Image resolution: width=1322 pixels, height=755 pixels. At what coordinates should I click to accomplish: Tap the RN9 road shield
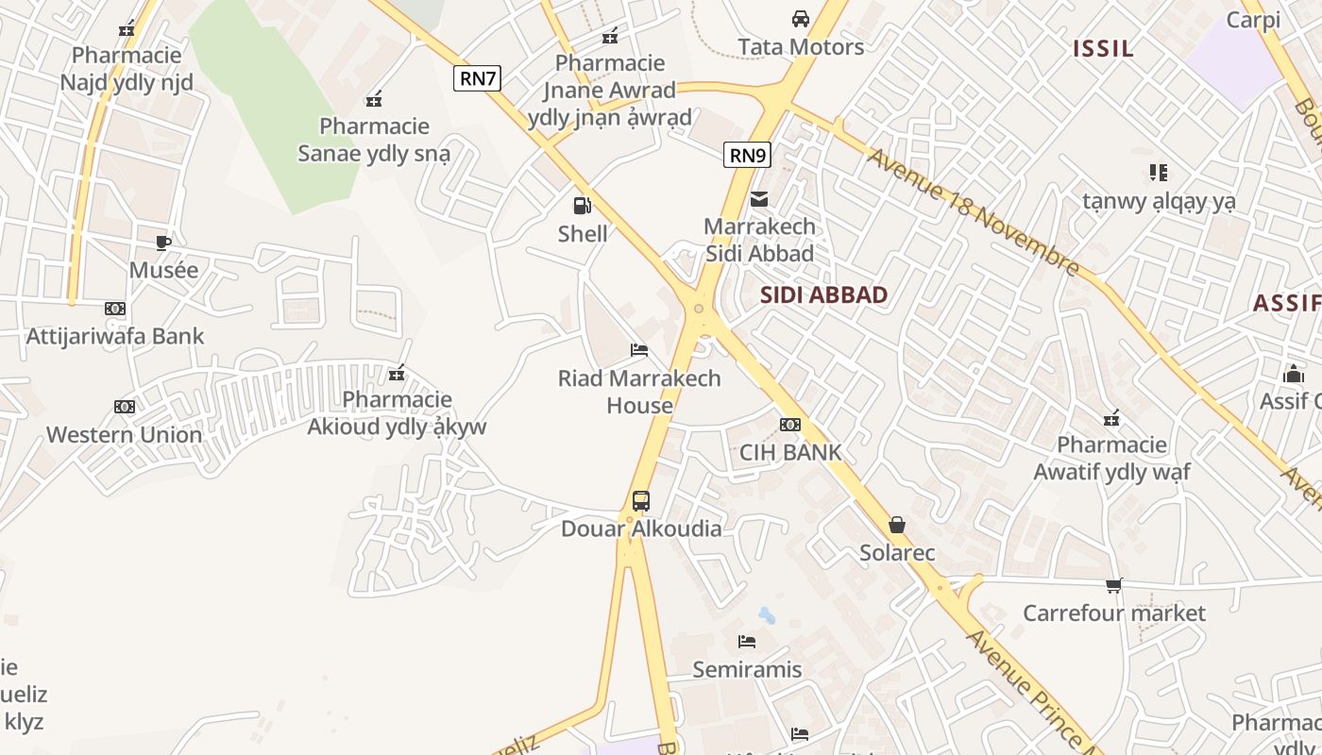click(746, 154)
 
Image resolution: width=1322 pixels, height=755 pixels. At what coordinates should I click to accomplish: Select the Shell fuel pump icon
click(583, 205)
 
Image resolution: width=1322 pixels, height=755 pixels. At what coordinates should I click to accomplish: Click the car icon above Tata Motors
click(800, 18)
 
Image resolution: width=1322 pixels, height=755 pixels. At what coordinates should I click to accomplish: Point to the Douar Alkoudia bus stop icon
click(641, 500)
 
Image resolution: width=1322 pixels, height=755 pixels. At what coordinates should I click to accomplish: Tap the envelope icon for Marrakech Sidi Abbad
click(758, 199)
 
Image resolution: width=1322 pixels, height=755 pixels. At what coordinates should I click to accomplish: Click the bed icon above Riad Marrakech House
click(639, 350)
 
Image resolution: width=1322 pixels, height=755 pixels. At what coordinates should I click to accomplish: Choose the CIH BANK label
click(790, 452)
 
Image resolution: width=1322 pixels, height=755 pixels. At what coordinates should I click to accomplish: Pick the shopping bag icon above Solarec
click(896, 525)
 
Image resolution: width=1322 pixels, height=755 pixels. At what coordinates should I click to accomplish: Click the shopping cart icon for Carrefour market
click(1114, 586)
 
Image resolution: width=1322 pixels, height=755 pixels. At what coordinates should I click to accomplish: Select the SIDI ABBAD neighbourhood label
click(824, 294)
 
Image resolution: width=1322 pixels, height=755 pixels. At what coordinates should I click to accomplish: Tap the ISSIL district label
click(1103, 49)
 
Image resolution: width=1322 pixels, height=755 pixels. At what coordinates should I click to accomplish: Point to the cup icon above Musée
click(163, 243)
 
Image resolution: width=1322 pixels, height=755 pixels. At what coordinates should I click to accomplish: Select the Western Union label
click(125, 435)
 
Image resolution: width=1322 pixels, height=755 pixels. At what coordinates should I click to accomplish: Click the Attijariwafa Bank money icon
click(115, 309)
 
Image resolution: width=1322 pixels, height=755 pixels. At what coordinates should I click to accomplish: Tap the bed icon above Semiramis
click(747, 642)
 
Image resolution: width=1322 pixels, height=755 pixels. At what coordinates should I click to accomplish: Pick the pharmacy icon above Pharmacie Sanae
click(374, 98)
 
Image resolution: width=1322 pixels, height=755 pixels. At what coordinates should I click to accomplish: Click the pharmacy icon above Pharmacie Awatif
click(1112, 417)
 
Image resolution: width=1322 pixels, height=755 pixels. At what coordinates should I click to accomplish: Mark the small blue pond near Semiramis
click(767, 616)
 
